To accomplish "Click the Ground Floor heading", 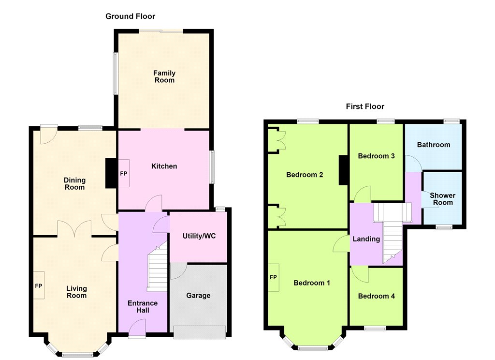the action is pyautogui.click(x=130, y=16).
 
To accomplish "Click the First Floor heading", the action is pyautogui.click(x=365, y=106).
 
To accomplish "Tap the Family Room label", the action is pyautogui.click(x=164, y=76).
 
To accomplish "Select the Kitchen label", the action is pyautogui.click(x=164, y=166).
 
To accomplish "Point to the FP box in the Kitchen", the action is pyautogui.click(x=123, y=173).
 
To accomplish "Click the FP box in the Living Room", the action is pyautogui.click(x=39, y=285).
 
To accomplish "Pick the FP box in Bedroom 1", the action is pyautogui.click(x=274, y=278).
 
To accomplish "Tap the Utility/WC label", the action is pyautogui.click(x=199, y=236).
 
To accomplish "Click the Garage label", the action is pyautogui.click(x=198, y=296).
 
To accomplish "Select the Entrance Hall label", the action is pyautogui.click(x=143, y=307).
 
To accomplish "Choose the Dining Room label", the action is pyautogui.click(x=74, y=184).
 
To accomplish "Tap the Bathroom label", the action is pyautogui.click(x=434, y=145).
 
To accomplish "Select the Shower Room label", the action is pyautogui.click(x=443, y=199).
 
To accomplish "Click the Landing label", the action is pyautogui.click(x=366, y=239).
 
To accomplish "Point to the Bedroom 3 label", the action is pyautogui.click(x=376, y=156).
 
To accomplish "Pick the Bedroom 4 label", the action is pyautogui.click(x=376, y=296).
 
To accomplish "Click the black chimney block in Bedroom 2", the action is pyautogui.click(x=344, y=170).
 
